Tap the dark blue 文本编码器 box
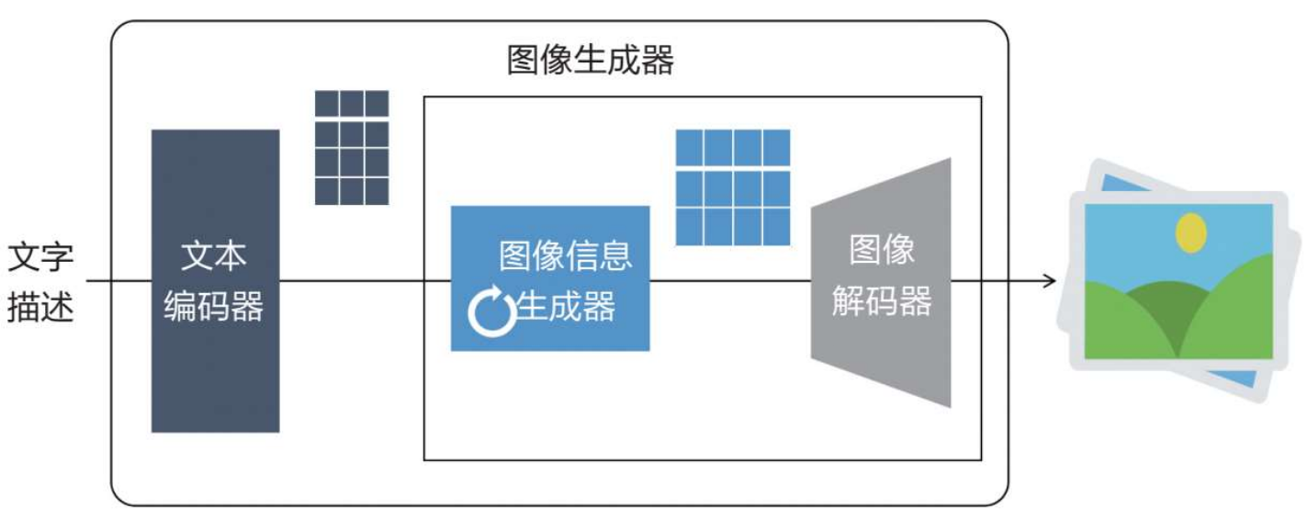[215, 367]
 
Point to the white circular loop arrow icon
[492, 311]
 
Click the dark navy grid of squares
[352, 147]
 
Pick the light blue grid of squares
[732, 187]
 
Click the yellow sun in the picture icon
[1191, 232]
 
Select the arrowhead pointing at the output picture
[1050, 279]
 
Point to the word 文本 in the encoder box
[214, 256]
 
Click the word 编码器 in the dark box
[214, 306]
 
